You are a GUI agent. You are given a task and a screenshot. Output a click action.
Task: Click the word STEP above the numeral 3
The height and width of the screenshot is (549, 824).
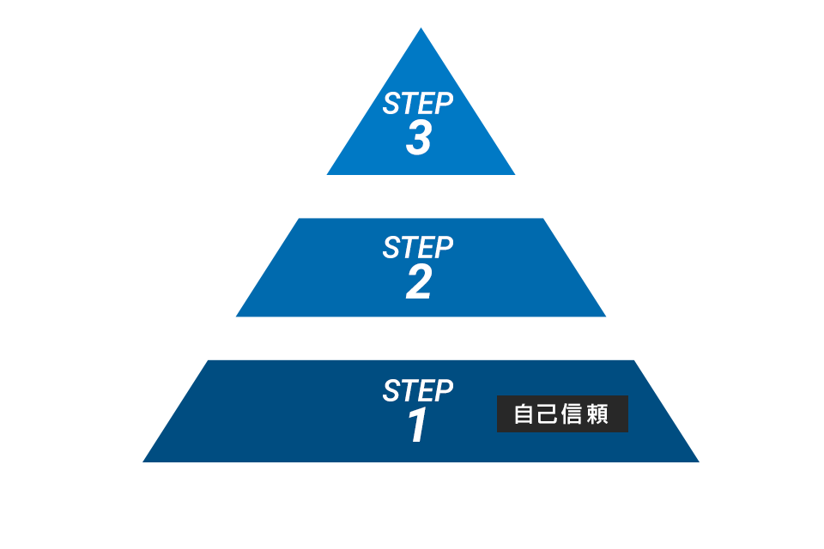pyautogui.click(x=418, y=103)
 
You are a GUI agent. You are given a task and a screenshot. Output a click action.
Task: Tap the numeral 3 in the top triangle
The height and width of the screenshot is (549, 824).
pyautogui.click(x=419, y=138)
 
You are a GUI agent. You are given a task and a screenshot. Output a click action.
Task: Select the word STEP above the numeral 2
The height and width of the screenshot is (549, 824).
pyautogui.click(x=418, y=247)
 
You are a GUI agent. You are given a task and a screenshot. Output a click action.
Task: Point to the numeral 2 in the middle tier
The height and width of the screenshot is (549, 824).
pyautogui.click(x=419, y=282)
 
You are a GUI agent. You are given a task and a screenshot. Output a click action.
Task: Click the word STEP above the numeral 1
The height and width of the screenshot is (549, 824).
pyautogui.click(x=418, y=390)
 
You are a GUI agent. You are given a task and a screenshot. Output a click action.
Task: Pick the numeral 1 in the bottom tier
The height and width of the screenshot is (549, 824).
pyautogui.click(x=418, y=425)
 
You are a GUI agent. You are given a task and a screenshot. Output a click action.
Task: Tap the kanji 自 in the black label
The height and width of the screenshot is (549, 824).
pyautogui.click(x=524, y=414)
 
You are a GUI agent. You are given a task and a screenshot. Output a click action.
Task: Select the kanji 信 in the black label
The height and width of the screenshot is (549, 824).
pyautogui.click(x=573, y=414)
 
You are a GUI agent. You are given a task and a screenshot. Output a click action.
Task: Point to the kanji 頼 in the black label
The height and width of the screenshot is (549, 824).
pyautogui.click(x=597, y=414)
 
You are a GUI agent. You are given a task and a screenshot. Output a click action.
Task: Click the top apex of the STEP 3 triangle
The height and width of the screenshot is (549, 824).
pyautogui.click(x=421, y=27)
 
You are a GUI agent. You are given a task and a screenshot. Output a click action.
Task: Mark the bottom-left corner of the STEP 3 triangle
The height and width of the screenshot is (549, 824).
pyautogui.click(x=327, y=174)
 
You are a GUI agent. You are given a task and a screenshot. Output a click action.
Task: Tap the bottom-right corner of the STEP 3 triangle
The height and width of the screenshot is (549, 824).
pyautogui.click(x=515, y=174)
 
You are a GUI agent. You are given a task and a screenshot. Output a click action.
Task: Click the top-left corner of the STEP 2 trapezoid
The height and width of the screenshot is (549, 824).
pyautogui.click(x=299, y=219)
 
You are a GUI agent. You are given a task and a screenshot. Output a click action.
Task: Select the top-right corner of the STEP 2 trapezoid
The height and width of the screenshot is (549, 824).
pyautogui.click(x=542, y=219)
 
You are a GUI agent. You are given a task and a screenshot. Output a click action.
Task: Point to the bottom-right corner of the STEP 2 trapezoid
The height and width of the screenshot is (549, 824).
pyautogui.click(x=606, y=317)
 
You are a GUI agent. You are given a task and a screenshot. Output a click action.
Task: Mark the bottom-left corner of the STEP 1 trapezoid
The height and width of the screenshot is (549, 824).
pyautogui.click(x=143, y=462)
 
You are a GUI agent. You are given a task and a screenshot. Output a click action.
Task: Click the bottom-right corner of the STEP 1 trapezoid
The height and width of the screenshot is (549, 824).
pyautogui.click(x=699, y=462)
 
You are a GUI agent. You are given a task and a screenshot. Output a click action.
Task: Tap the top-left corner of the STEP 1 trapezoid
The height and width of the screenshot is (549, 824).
pyautogui.click(x=208, y=360)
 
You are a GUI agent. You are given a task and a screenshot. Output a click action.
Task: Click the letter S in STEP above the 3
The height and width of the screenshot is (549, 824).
pyautogui.click(x=391, y=103)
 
